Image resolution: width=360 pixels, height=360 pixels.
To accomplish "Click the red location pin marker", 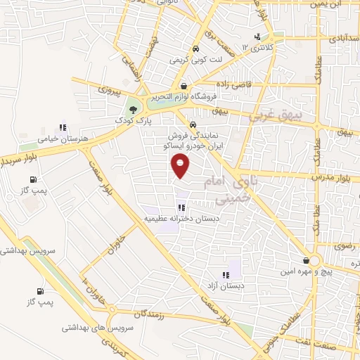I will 181,165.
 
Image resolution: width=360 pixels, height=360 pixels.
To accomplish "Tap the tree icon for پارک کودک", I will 132,110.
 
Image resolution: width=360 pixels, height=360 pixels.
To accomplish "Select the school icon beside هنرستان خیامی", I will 63,128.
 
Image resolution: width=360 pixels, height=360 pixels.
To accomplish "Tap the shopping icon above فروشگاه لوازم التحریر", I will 183,86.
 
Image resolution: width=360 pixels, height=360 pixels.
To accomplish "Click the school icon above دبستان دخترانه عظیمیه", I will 181,208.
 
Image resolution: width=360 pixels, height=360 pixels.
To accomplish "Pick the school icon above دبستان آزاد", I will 225,276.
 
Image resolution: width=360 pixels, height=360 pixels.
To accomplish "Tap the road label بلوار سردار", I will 19,154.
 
